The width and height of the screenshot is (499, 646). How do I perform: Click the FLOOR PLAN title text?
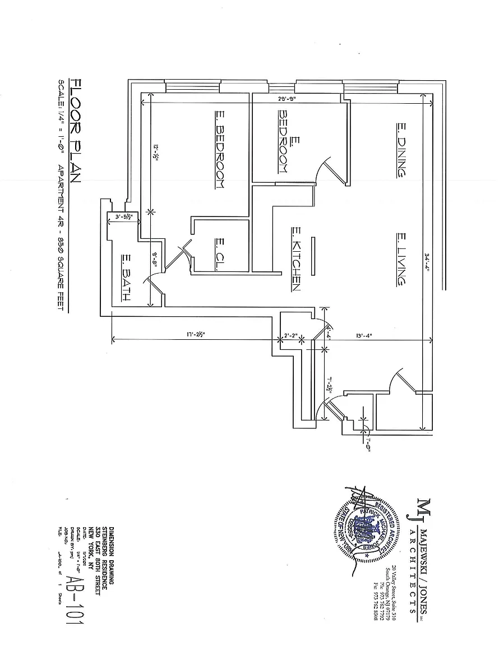[75, 131]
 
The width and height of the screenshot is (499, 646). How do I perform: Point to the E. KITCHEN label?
[297, 259]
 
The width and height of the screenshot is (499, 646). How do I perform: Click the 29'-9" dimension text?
[286, 100]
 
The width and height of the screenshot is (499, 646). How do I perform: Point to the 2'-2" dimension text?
[291, 336]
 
